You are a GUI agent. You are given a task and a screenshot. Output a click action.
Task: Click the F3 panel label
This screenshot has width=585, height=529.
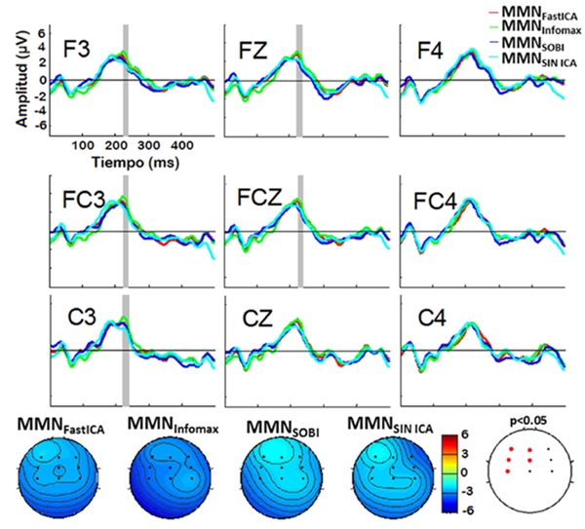[x=79, y=48]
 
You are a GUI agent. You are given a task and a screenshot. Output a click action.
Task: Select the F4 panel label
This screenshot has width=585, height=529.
[x=430, y=48]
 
